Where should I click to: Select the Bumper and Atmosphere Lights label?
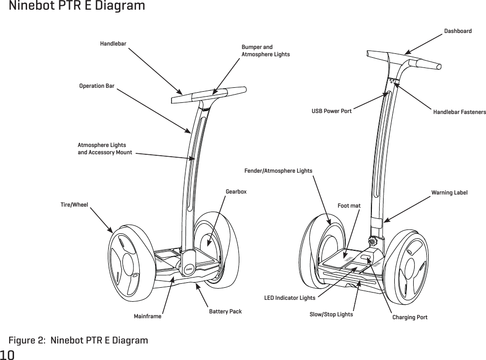pos(265,50)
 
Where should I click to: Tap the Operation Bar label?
pos(97,86)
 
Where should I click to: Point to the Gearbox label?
pos(236,192)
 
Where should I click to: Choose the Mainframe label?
pos(147,316)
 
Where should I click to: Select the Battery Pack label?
pos(225,311)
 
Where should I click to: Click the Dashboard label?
pos(458,31)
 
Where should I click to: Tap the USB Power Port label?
pos(331,111)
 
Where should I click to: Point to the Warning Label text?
pos(449,193)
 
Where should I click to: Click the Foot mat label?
pos(349,206)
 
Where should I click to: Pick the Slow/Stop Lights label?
pos(331,314)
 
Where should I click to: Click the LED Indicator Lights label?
pos(289,297)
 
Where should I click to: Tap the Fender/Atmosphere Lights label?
pos(278,171)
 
